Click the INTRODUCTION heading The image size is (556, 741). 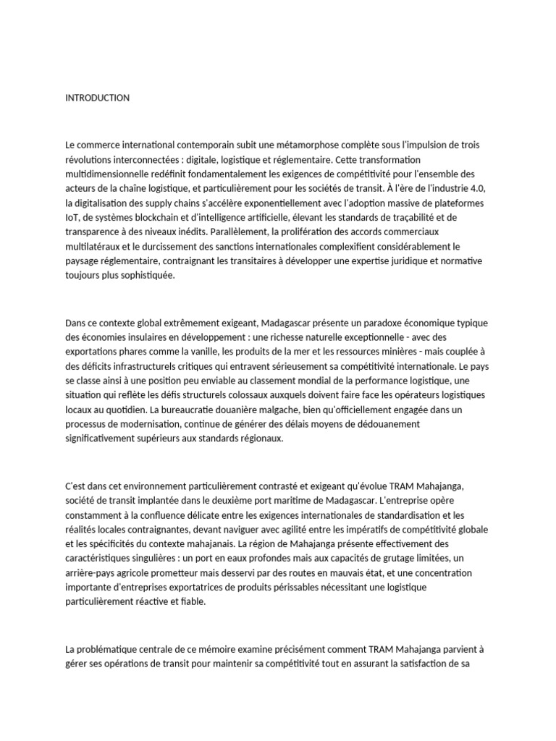(x=97, y=98)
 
